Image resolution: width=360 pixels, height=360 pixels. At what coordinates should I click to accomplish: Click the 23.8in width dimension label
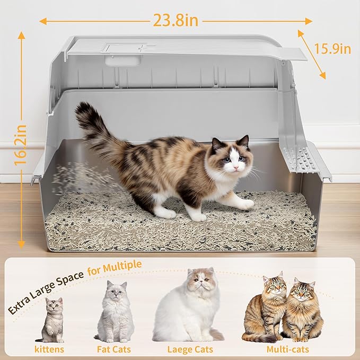176,20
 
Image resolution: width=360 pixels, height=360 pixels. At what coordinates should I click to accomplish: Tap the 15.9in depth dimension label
332,49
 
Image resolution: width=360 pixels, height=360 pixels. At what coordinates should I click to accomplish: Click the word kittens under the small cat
50,349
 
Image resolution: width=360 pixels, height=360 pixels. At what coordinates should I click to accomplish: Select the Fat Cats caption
113,349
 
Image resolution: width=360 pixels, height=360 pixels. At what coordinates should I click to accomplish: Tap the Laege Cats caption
189,349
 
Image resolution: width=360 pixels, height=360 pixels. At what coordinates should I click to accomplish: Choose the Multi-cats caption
288,349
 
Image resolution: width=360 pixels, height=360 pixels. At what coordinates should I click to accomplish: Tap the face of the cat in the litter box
231,159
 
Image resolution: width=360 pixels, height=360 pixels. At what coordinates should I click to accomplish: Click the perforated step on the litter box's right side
297,159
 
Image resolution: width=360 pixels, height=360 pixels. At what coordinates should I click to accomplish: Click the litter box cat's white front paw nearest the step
244,204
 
